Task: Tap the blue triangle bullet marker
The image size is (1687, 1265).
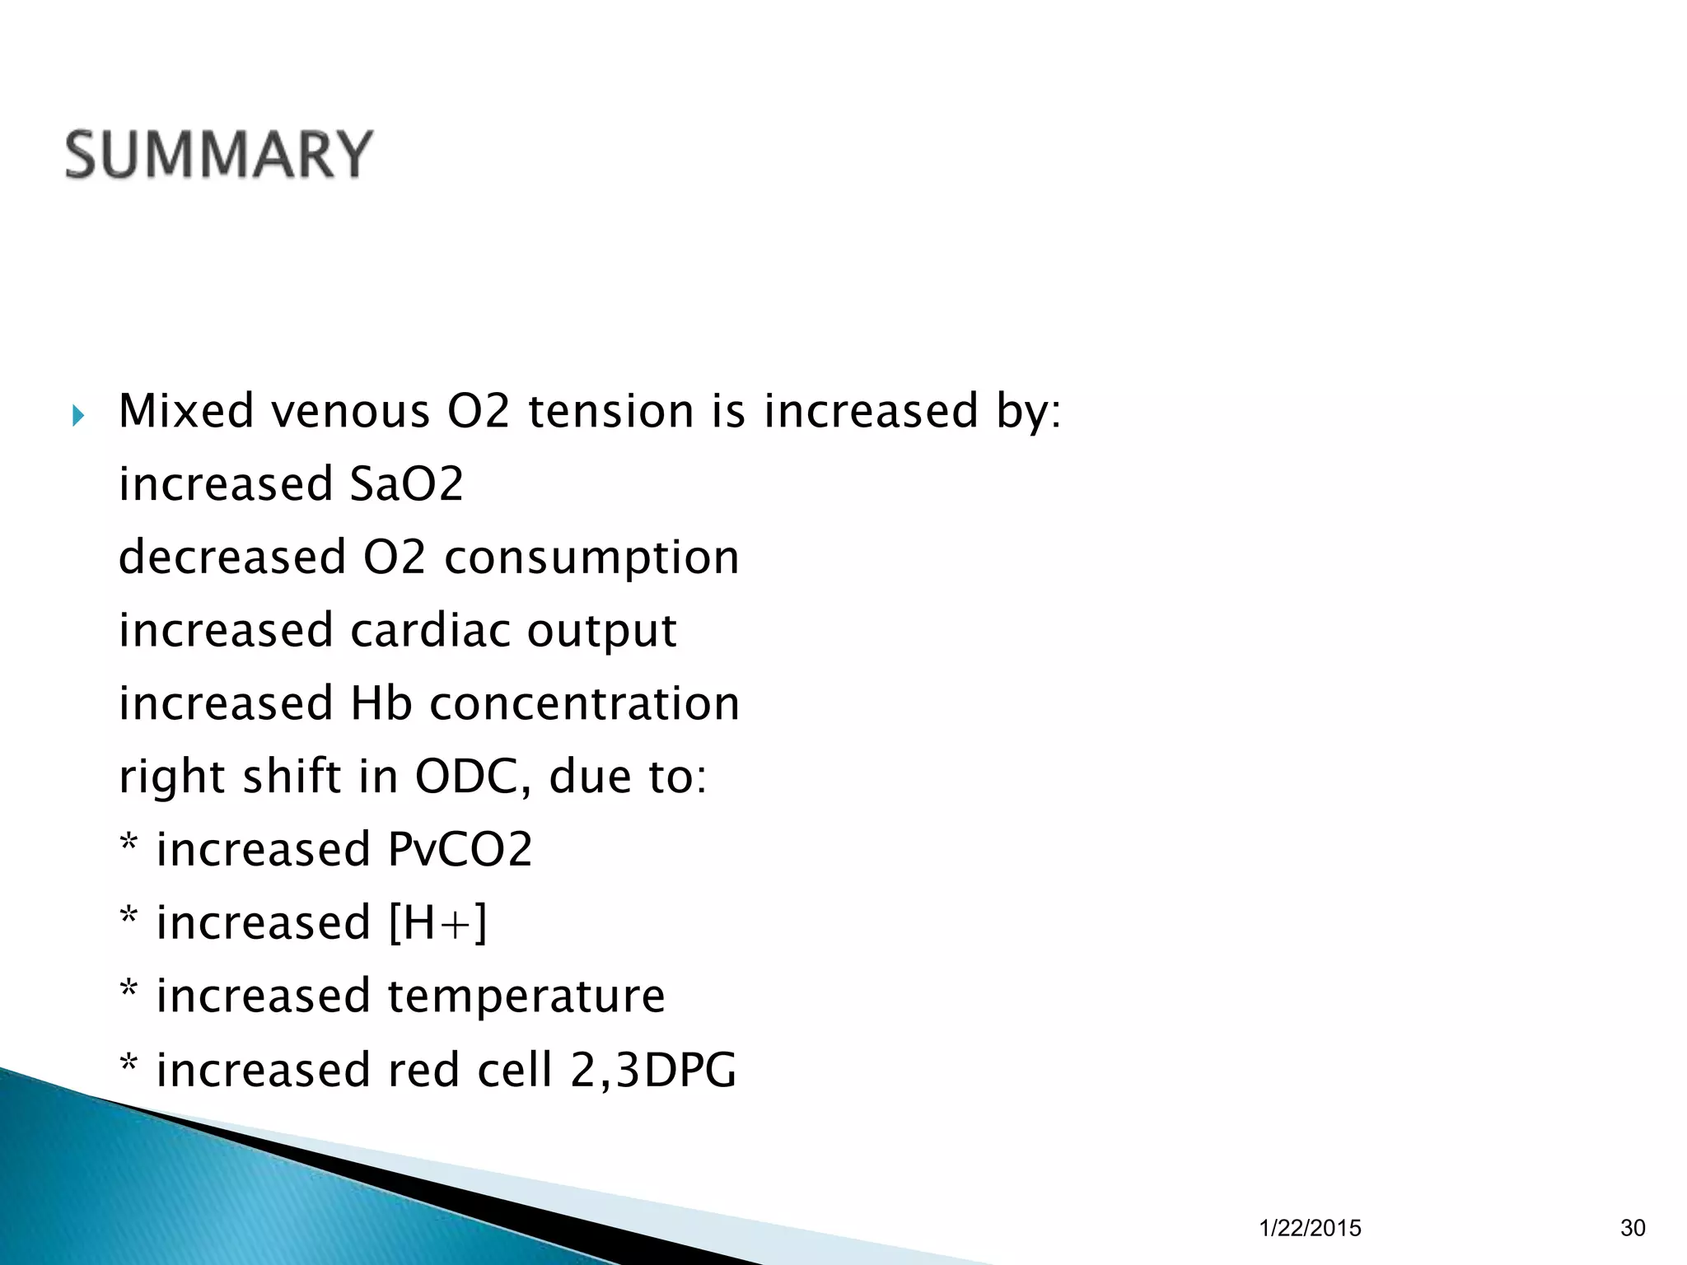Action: pos(77,416)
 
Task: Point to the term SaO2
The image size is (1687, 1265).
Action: pos(407,483)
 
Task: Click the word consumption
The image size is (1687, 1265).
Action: pos(591,558)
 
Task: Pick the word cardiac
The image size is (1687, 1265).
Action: pos(431,630)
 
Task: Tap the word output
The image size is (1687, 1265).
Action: pos(601,632)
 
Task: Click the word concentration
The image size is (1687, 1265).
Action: pos(584,704)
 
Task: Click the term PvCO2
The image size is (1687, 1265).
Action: pos(460,849)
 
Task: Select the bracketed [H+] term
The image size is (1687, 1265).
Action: pos(437,923)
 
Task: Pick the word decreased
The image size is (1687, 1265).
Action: pos(233,557)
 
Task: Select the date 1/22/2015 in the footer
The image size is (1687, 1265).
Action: pos(1310,1228)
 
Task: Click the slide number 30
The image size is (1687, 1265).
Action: pos(1633,1228)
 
